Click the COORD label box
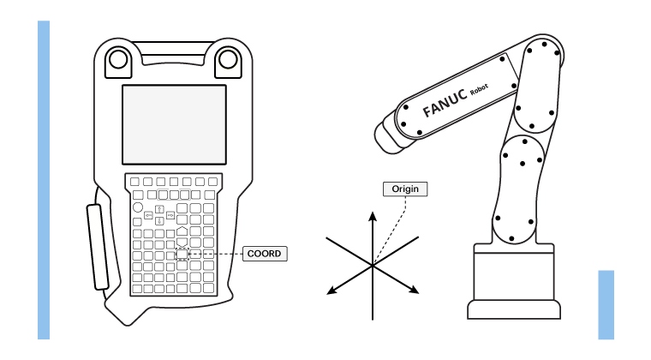[265, 254]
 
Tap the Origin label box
[405, 189]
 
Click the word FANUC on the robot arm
[445, 103]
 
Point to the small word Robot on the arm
[479, 89]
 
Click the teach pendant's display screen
[175, 125]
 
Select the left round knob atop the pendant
[118, 59]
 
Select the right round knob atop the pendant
[228, 59]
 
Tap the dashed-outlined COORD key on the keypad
[182, 254]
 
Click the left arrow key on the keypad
[148, 215]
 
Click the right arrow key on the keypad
[170, 215]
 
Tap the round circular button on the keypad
[137, 207]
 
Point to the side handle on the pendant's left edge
[98, 247]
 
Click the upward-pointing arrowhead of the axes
[373, 215]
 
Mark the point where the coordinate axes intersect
[373, 265]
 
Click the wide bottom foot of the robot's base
[514, 309]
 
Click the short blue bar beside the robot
[606, 305]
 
